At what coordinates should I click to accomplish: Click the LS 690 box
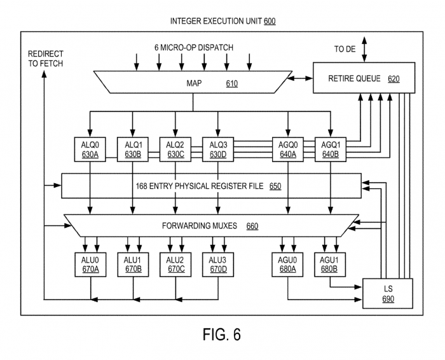388,292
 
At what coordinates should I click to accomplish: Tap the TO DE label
346,48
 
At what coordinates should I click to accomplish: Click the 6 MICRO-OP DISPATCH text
194,48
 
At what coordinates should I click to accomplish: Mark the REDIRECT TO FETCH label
45,58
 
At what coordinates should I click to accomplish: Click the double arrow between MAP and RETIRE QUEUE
299,79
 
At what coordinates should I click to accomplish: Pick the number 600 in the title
269,21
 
